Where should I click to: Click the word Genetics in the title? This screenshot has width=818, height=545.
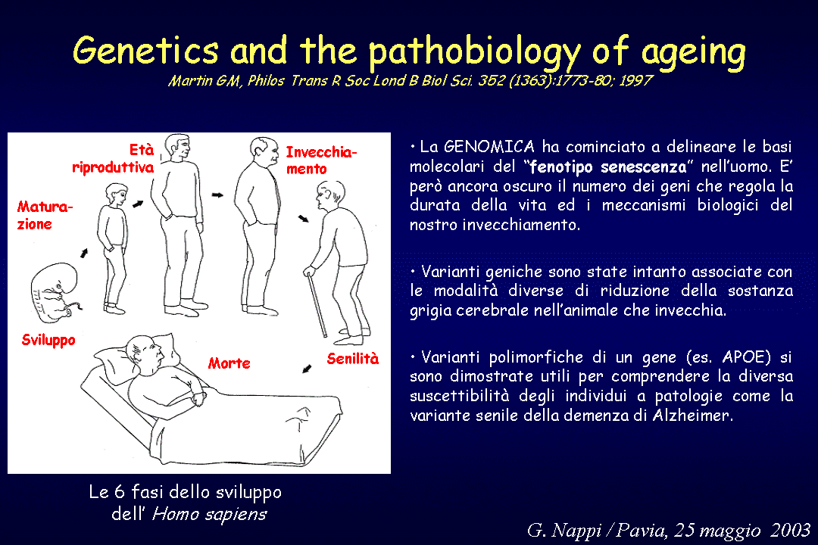click(x=145, y=51)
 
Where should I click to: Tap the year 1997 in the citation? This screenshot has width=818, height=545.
click(x=635, y=80)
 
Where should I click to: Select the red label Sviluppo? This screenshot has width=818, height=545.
click(x=48, y=340)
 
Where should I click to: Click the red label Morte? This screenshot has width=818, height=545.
click(x=229, y=363)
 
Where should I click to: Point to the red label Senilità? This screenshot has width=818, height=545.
click(x=353, y=358)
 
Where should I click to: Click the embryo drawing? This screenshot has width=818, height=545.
click(x=54, y=291)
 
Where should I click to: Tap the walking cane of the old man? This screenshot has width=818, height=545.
click(x=317, y=304)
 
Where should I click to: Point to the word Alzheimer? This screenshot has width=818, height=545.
click(x=693, y=415)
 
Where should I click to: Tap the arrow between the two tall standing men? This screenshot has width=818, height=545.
click(x=217, y=195)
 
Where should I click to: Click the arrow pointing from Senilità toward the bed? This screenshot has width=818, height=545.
click(x=307, y=369)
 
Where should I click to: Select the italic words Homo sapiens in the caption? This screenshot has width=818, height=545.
click(x=209, y=514)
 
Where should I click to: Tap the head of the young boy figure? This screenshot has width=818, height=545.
click(x=117, y=194)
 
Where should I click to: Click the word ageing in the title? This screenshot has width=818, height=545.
click(x=693, y=53)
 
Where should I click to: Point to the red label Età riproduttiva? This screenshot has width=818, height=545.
click(x=113, y=158)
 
